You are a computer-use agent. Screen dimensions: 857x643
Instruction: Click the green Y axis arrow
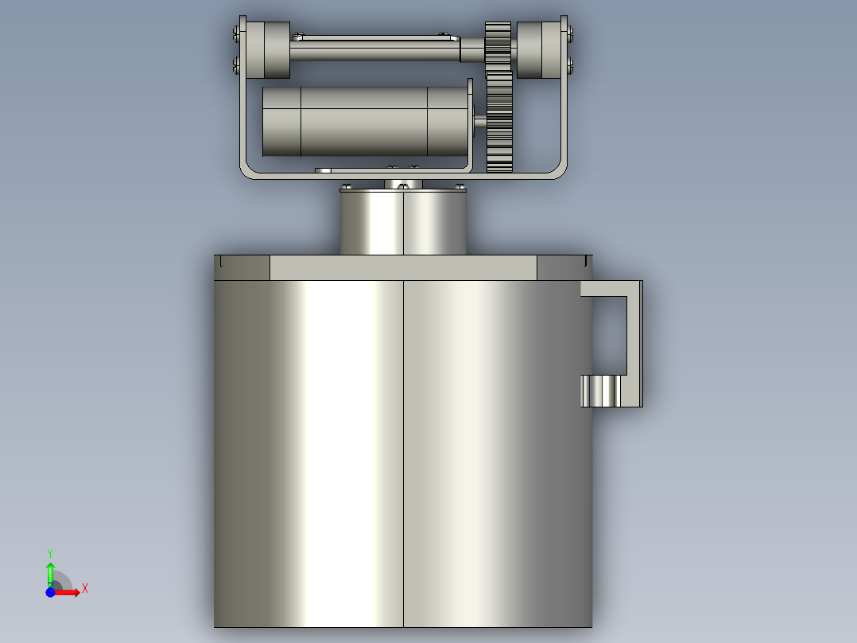pyautogui.click(x=50, y=574)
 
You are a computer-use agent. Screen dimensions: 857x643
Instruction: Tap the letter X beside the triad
pyautogui.click(x=85, y=589)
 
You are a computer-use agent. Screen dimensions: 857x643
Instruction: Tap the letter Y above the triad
pyautogui.click(x=50, y=554)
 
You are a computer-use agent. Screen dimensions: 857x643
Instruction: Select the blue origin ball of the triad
pyautogui.click(x=50, y=592)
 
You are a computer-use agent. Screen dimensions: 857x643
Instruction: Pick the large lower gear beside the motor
pyautogui.click(x=499, y=122)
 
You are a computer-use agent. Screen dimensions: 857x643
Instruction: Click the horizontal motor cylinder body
pyautogui.click(x=365, y=122)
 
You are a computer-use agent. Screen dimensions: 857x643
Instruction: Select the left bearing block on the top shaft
pyautogui.click(x=268, y=50)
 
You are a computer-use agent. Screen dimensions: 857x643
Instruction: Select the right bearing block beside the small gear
pyautogui.click(x=539, y=50)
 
